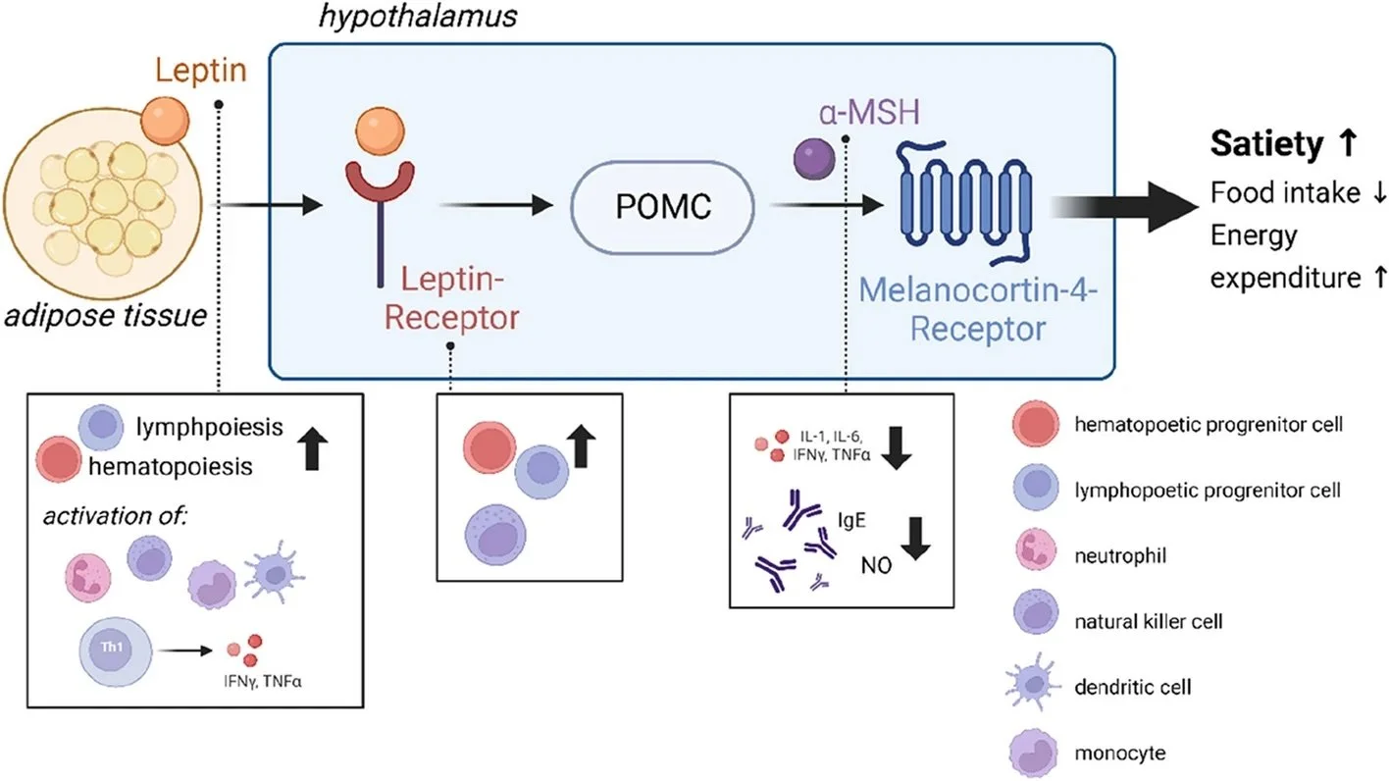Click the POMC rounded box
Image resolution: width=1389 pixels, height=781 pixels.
click(x=662, y=206)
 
